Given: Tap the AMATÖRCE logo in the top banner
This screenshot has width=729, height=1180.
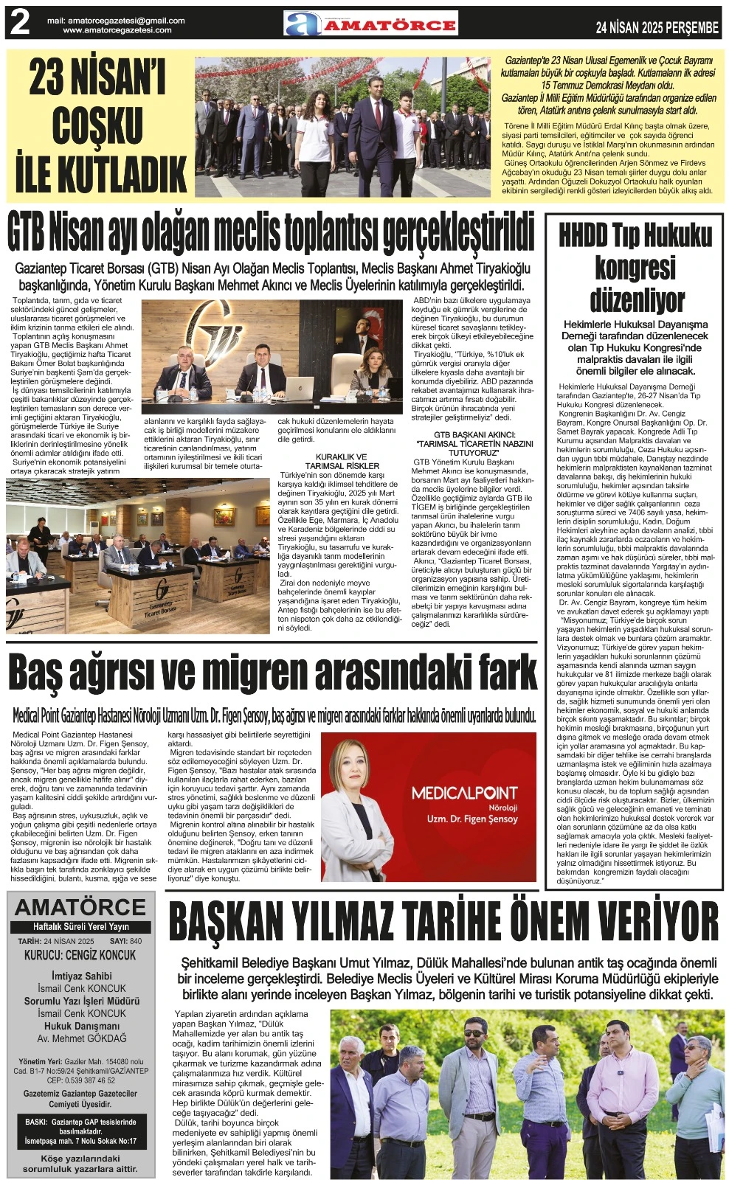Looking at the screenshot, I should point(370,24).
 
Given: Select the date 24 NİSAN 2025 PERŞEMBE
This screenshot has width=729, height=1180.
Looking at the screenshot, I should point(657,27).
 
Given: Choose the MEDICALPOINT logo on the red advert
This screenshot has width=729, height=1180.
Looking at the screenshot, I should point(464,794).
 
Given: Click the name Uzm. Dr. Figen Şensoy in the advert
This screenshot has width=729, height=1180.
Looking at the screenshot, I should point(472,819).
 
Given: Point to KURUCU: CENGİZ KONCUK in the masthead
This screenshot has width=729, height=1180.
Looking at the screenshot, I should point(80,955).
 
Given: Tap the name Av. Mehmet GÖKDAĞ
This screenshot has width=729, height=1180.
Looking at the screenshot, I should point(81,1038).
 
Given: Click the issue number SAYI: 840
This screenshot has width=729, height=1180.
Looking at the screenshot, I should point(125,942).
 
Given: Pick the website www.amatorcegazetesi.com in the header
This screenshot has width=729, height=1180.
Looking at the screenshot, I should point(117,30).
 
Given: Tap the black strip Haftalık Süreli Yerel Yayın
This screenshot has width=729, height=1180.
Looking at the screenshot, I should point(81,927).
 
